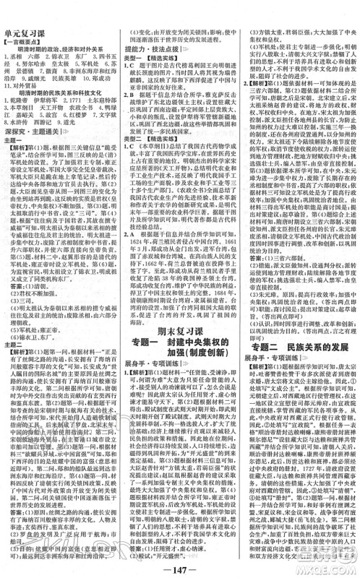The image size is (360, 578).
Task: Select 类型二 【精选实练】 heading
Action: pos(148,134)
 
